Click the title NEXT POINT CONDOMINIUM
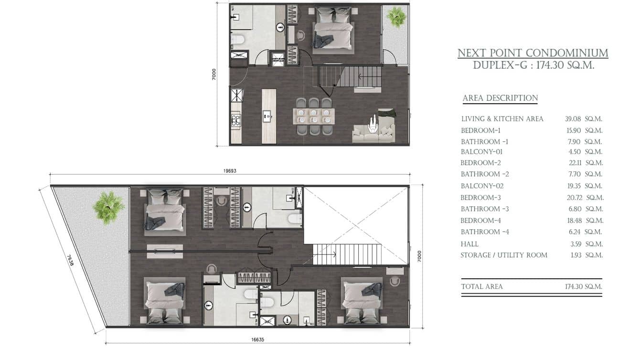tap(533, 53)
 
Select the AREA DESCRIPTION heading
tap(500, 98)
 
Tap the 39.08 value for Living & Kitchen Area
tap(573, 119)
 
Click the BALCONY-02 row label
tap(482, 186)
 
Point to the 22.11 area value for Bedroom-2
tap(575, 163)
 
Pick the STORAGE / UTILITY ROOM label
tap(503, 255)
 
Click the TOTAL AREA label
tap(482, 286)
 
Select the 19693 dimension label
tap(230, 171)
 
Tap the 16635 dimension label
tap(257, 339)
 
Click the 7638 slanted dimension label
tap(70, 261)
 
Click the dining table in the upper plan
tap(314, 116)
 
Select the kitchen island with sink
tap(269, 116)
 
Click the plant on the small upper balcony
tap(396, 17)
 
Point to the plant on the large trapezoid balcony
tap(108, 208)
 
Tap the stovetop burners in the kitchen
tap(236, 120)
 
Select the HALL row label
tap(470, 244)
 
